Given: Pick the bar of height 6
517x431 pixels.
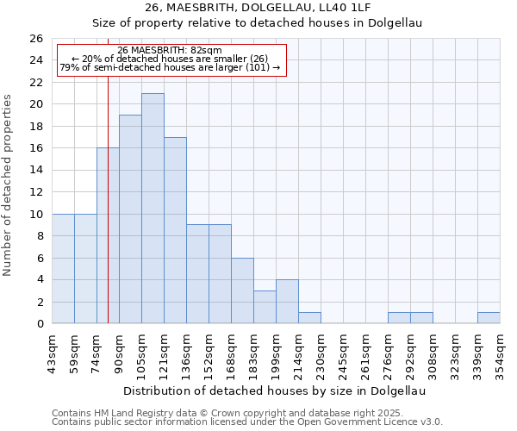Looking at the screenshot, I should click(242, 290).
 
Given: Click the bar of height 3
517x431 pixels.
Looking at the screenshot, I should click(265, 307).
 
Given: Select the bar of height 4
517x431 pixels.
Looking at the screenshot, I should click(287, 302).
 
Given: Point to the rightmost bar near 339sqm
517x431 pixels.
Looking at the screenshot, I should click(489, 318).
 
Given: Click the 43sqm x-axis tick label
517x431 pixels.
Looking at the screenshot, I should click(53, 351).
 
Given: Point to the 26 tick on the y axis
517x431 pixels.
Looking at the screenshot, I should click(36, 39).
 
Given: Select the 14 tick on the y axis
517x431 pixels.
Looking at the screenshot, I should click(36, 171).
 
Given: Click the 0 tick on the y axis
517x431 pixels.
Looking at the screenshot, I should click(40, 324).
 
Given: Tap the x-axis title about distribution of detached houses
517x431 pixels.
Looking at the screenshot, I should click(275, 390).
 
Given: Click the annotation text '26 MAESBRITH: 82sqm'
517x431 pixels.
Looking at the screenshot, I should click(170, 50).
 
